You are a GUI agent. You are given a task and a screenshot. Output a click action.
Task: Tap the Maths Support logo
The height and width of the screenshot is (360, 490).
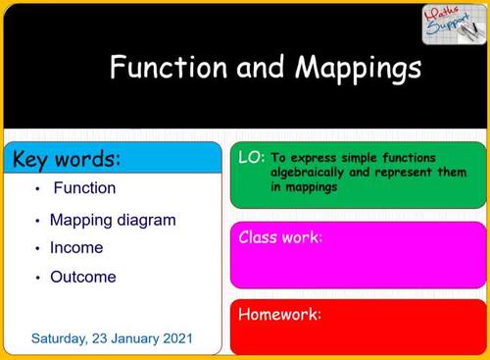[451, 24]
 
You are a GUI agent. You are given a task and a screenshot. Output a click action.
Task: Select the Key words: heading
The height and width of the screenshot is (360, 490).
[67, 158]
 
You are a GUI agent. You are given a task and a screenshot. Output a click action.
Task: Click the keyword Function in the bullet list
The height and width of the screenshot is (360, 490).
[84, 187]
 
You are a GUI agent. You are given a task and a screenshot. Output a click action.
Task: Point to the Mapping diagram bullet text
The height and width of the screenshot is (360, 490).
[113, 220]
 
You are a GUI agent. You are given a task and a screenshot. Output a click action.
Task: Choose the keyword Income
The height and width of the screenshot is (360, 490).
[76, 248]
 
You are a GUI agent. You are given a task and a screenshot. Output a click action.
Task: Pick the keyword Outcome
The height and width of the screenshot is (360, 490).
[82, 277]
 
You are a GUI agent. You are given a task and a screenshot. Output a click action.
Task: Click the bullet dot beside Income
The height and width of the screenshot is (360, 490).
[36, 249]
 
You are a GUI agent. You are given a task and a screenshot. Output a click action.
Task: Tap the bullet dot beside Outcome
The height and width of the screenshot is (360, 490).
[36, 278]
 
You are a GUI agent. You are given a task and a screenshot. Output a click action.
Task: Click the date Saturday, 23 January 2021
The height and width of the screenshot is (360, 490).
[112, 338]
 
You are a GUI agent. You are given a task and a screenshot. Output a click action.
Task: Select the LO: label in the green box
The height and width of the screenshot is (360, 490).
[251, 157]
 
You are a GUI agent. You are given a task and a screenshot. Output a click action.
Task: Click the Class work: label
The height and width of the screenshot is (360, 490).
[281, 237]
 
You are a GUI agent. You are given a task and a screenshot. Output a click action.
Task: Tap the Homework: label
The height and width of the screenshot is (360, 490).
[280, 315]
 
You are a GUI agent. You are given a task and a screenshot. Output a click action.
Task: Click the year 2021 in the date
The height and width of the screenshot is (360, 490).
[176, 338]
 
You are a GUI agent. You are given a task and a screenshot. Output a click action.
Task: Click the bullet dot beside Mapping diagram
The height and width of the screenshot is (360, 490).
[36, 221]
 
